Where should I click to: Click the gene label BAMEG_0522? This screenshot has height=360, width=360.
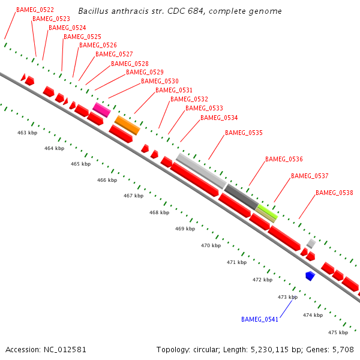tap(35, 10)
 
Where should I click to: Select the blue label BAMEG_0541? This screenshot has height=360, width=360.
tap(260, 319)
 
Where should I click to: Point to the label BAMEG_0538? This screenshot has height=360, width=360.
tap(334, 193)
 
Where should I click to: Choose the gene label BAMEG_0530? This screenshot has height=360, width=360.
tap(160, 81)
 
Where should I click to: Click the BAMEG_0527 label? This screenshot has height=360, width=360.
tap(114, 54)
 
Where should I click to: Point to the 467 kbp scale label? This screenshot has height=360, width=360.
tap(134, 196)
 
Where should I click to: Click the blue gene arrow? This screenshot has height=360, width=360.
tap(310, 275)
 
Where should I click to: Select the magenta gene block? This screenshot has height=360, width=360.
tap(101, 109)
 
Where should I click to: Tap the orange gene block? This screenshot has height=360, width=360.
tap(127, 125)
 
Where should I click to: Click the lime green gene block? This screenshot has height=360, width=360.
tap(267, 212)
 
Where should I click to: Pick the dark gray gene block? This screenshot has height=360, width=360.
tap(241, 196)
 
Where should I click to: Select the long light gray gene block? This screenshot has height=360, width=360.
tap(201, 170)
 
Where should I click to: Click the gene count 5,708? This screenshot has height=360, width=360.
tap(343, 349)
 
